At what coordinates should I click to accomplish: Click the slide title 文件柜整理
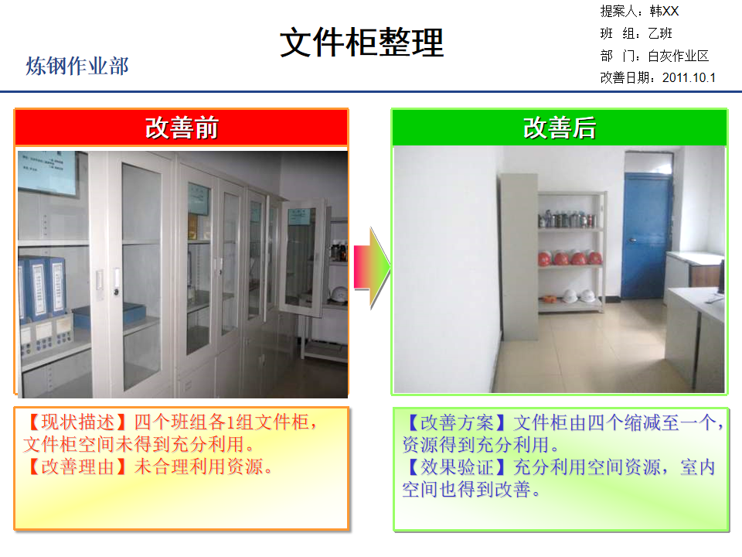(x=362, y=43)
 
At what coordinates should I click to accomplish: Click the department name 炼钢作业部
(x=77, y=66)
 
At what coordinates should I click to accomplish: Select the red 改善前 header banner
(x=181, y=128)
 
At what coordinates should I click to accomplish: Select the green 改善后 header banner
(x=559, y=128)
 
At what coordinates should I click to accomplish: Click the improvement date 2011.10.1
(x=689, y=77)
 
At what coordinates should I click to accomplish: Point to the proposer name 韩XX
(x=664, y=11)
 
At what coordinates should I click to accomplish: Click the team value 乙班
(x=660, y=33)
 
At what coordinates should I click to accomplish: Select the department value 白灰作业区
(x=678, y=56)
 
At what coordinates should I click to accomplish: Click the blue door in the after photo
(x=646, y=236)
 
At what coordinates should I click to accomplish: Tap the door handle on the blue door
(x=631, y=241)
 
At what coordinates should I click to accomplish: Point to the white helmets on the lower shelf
(x=578, y=296)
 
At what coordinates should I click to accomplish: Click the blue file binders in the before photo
(x=43, y=287)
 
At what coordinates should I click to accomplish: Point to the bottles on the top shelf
(x=567, y=219)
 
